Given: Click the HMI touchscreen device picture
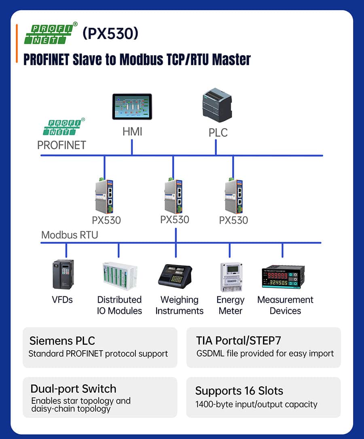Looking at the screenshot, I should [x=132, y=107].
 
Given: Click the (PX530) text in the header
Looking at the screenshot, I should [x=110, y=34].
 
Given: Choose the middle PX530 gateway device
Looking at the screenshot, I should [x=173, y=195].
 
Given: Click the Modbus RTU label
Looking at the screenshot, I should [x=70, y=235].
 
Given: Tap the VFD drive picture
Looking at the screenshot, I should [x=63, y=275].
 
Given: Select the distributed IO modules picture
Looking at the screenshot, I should [x=119, y=276].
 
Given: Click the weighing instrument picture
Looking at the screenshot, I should [x=175, y=275].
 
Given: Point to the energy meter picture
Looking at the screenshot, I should [x=231, y=277].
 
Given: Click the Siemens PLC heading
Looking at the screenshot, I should [x=62, y=341].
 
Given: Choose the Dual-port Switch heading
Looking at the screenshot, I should [x=73, y=389].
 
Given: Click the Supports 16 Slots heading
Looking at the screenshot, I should [x=239, y=391].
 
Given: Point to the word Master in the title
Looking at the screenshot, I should [x=232, y=60].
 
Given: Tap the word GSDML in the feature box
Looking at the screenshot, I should [x=210, y=353].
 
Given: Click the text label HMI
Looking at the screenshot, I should [x=132, y=132].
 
